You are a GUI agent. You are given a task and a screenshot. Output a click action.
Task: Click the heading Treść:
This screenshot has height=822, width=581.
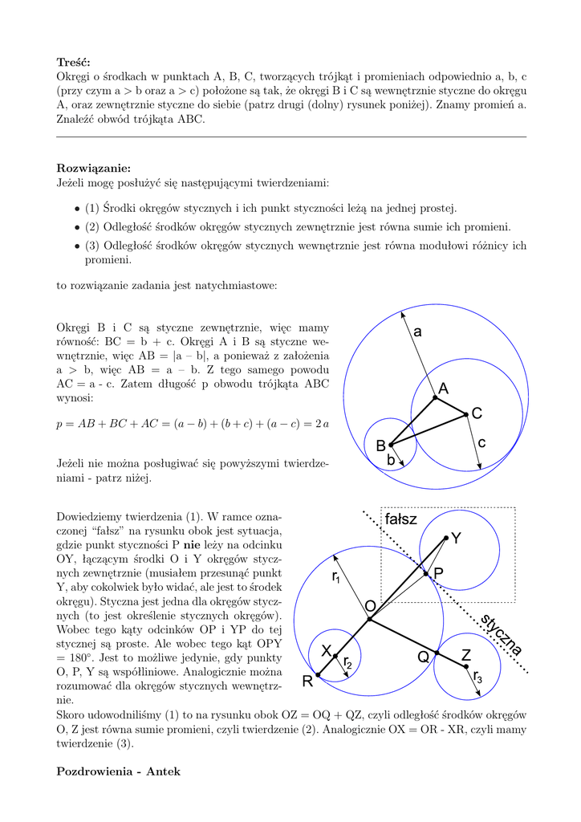click(x=74, y=63)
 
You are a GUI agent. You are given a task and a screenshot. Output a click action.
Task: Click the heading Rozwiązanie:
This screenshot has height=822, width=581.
click(x=93, y=168)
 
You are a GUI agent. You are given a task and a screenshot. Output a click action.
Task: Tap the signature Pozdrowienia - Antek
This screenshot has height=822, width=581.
click(x=119, y=771)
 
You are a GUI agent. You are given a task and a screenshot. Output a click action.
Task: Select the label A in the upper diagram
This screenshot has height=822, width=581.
click(x=443, y=389)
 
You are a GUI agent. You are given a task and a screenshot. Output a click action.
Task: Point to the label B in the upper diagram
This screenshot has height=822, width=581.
click(x=381, y=446)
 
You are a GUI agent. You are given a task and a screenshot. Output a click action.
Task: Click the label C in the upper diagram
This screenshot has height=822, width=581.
click(x=477, y=413)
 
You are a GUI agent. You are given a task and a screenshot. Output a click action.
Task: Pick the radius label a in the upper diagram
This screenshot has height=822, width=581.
click(x=417, y=332)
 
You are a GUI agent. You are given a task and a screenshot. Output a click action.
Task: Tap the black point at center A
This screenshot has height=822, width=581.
click(x=435, y=397)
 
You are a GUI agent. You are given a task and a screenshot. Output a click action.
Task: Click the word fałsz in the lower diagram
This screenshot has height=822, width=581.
click(x=401, y=519)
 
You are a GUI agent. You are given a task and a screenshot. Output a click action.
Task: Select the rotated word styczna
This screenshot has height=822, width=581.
click(x=502, y=635)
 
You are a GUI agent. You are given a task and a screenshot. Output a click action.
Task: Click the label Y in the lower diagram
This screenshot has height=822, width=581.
click(x=456, y=539)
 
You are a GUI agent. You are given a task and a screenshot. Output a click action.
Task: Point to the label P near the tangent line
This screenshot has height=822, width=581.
click(x=438, y=574)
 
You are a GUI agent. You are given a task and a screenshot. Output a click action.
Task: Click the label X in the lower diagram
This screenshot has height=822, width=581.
click(x=327, y=649)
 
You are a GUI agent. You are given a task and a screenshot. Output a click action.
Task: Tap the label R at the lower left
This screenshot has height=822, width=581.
click(x=307, y=682)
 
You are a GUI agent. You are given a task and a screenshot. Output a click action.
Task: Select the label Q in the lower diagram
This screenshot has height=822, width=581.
click(x=423, y=657)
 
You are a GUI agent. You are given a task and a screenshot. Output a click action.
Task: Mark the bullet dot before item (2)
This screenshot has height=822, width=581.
click(x=77, y=227)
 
